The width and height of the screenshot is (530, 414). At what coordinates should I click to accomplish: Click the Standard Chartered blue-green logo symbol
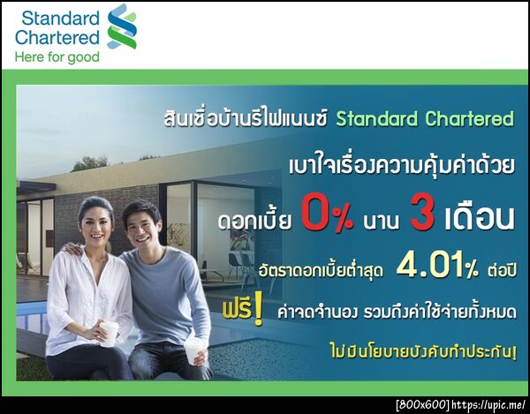(122, 26)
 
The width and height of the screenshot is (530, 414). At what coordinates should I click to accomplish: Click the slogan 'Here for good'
(57, 56)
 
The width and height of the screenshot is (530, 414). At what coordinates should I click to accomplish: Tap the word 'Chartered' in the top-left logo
(57, 37)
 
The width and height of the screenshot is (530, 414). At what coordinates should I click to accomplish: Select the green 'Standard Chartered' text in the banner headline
(424, 118)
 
